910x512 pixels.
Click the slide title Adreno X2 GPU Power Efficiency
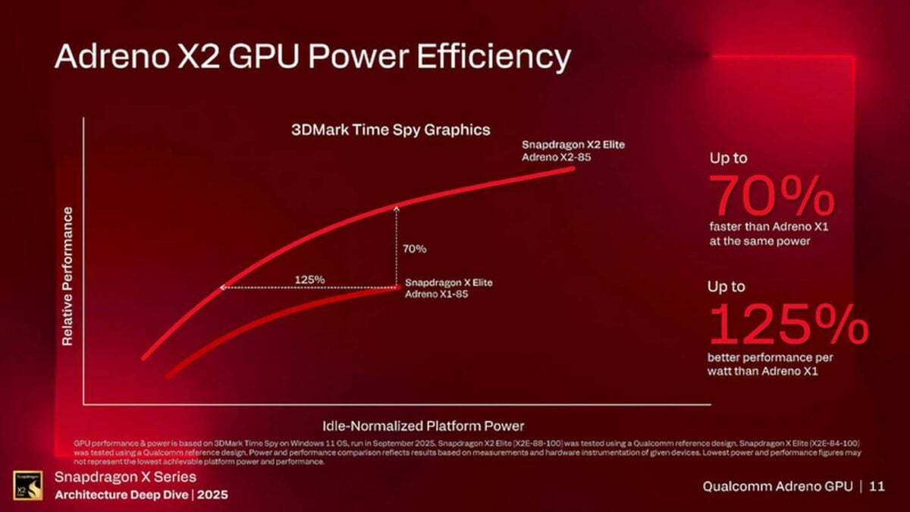pos(312,58)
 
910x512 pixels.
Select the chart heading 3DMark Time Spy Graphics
pos(391,130)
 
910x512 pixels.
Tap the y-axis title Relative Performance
pos(67,276)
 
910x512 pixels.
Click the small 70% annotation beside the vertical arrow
pos(414,248)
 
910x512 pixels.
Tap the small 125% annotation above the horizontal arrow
pos(309,279)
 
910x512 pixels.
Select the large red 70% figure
pos(771,196)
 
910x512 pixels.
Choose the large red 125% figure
pos(787,324)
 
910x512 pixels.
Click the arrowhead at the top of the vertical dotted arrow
pos(396,206)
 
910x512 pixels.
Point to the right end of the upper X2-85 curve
pos(572,168)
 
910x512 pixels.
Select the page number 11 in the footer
pos(877,486)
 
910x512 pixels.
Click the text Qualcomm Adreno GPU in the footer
pos(777,486)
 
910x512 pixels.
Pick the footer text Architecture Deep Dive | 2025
pos(143,494)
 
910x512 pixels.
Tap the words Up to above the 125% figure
pos(726,287)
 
